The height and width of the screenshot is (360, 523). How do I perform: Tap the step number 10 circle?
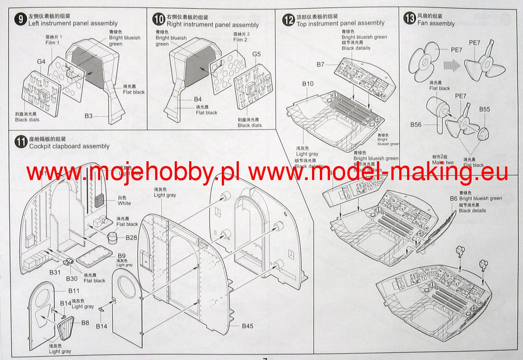click(x=159, y=19)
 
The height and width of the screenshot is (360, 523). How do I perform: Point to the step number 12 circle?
click(x=289, y=20)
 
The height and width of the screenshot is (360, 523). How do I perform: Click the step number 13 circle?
click(x=410, y=19)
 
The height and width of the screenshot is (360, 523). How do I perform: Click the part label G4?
click(x=41, y=62)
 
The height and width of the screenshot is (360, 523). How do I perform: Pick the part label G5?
click(x=256, y=54)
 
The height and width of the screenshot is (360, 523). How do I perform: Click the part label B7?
click(x=320, y=65)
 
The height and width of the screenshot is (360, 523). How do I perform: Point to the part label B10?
click(x=308, y=83)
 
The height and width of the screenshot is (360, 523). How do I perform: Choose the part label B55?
click(x=485, y=109)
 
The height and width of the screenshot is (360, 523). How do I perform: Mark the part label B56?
click(x=416, y=125)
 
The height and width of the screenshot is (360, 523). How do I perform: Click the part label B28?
click(x=132, y=238)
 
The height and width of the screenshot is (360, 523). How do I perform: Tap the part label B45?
click(x=248, y=326)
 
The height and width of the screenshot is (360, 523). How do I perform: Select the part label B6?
click(x=454, y=198)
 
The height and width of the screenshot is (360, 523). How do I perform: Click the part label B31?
click(x=55, y=272)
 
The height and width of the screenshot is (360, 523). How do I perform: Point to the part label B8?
click(x=85, y=323)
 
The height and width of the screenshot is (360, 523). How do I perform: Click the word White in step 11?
click(x=124, y=203)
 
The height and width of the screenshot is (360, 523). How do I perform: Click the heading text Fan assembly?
click(x=436, y=24)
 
